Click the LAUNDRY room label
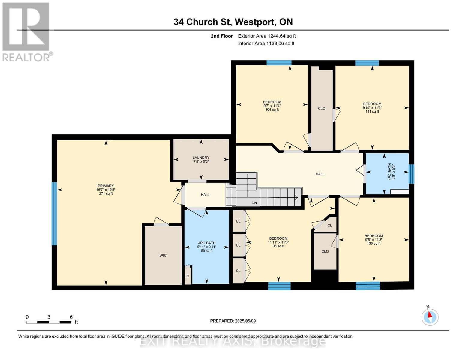201,157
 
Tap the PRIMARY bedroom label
106,186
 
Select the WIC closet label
163,255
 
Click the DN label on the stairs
254,202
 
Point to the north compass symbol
430,317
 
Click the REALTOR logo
27,32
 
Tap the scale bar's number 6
71,317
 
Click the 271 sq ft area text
106,193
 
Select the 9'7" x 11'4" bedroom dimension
272,106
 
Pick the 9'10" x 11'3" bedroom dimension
372,108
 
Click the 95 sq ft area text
278,246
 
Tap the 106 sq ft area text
374,244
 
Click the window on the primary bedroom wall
55,214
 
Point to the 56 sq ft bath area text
207,250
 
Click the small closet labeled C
188,276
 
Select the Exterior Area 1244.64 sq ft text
267,36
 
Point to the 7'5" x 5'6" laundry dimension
201,161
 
